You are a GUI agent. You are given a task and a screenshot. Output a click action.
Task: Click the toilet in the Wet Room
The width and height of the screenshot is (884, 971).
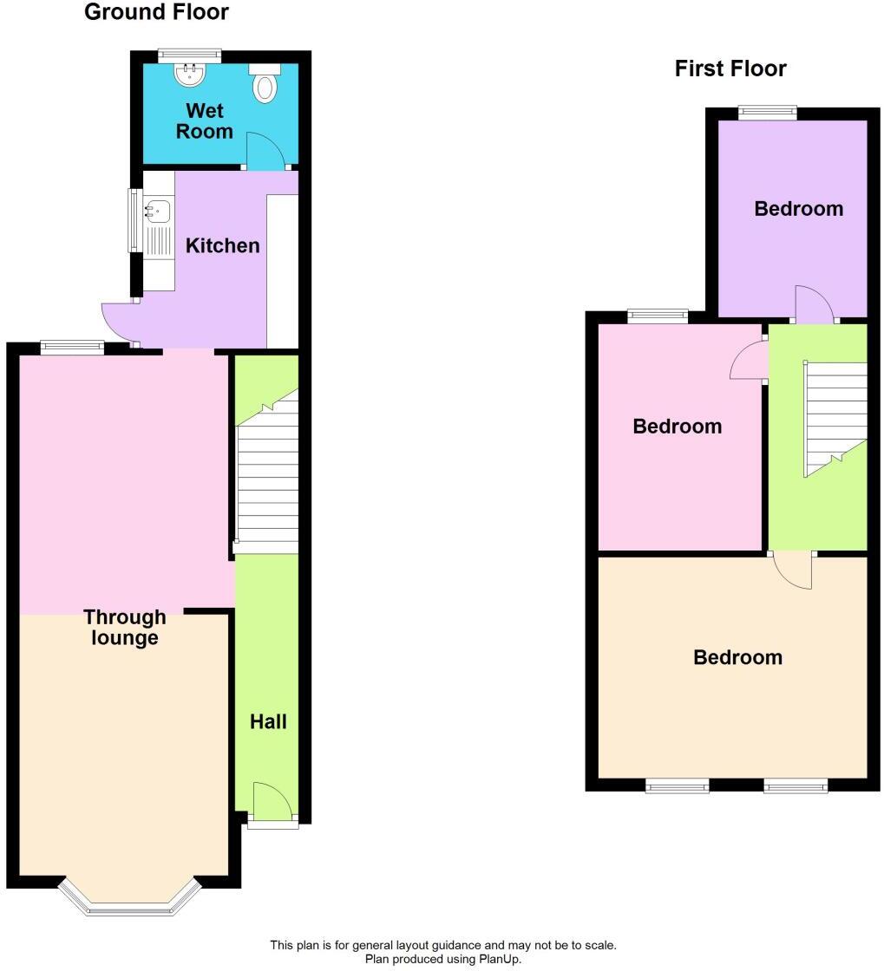[265, 84]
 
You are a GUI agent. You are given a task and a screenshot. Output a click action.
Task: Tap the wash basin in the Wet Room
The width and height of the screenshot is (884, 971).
[189, 75]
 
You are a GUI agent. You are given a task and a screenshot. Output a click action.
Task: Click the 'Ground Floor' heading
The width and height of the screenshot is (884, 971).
[156, 12]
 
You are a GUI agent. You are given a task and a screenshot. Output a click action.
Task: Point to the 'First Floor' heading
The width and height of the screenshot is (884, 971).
[730, 69]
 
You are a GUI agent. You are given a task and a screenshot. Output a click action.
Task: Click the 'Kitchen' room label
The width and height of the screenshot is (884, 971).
[223, 246]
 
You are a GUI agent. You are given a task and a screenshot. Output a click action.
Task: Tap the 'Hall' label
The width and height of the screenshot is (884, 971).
[268, 721]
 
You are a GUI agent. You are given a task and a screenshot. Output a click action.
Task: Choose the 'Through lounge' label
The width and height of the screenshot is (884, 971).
[125, 628]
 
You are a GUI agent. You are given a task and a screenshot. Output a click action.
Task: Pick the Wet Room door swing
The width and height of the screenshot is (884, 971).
[265, 151]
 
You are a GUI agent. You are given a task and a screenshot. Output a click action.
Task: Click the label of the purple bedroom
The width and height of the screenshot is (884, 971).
[798, 209]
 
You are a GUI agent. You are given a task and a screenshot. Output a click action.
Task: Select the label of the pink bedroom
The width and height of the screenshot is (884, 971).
[677, 427]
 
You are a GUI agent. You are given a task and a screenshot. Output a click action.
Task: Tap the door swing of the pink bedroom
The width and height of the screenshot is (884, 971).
[748, 362]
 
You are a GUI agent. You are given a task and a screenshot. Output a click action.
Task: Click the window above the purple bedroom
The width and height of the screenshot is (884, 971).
[767, 110]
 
